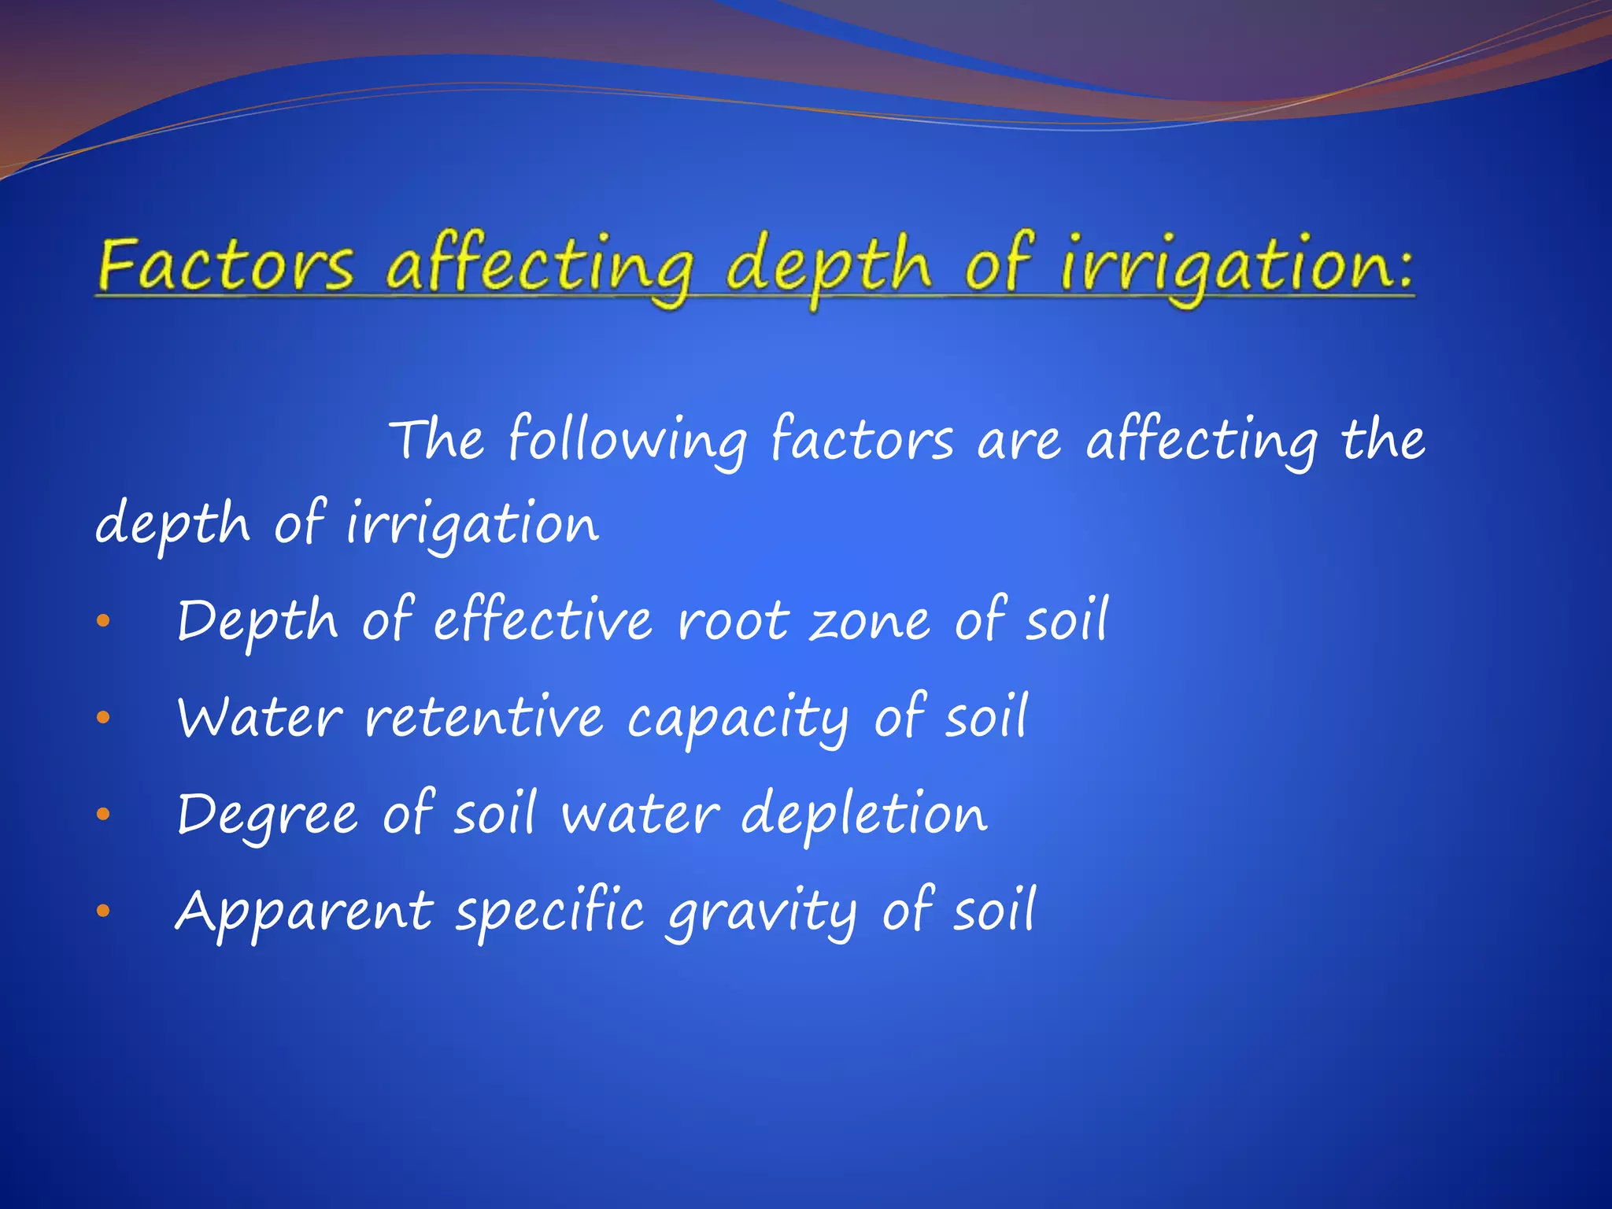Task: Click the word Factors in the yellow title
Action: (x=226, y=265)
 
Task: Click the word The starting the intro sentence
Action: (x=438, y=439)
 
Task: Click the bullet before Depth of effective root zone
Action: (x=103, y=622)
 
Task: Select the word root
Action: (x=733, y=621)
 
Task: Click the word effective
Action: (x=543, y=620)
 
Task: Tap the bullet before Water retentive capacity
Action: (x=103, y=718)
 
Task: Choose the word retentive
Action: (x=483, y=718)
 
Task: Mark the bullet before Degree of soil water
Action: (x=103, y=815)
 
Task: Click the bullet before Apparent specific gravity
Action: (x=103, y=911)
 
